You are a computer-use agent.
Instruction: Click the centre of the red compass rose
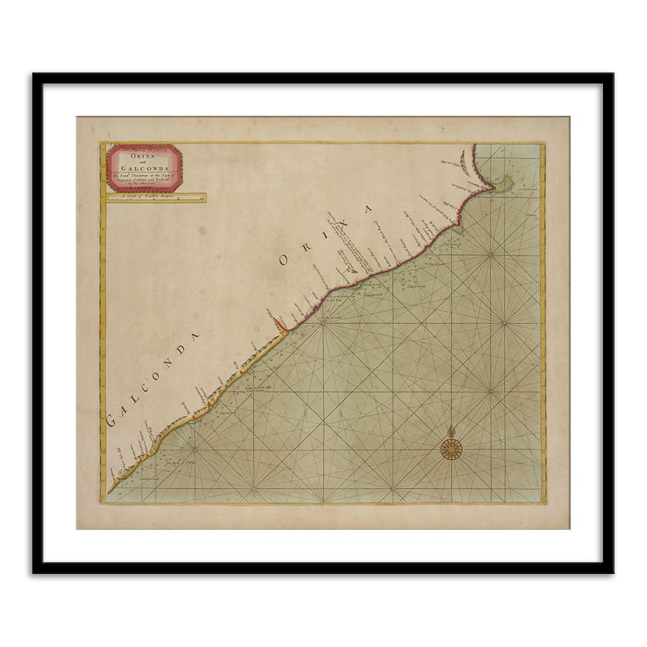click(x=450, y=448)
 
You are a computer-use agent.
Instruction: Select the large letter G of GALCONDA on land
click(x=111, y=421)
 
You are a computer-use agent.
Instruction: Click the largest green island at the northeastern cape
click(x=503, y=184)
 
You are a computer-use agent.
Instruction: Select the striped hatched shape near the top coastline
click(x=463, y=161)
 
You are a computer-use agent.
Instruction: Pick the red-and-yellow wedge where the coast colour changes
click(x=280, y=325)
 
